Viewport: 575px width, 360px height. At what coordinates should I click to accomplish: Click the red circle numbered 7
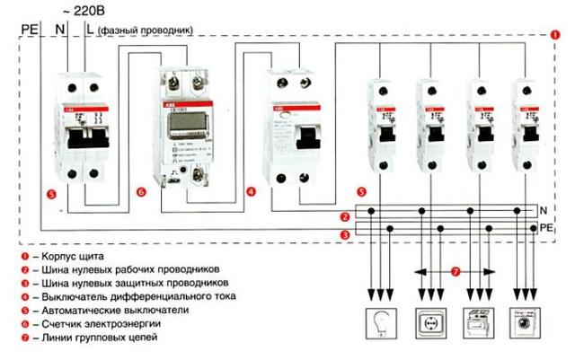[x=456, y=270]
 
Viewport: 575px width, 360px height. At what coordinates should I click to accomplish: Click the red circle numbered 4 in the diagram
[x=252, y=191]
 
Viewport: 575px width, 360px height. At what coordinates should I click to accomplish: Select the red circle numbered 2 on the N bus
[x=345, y=217]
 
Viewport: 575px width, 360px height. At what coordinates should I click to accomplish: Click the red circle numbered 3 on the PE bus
[x=345, y=235]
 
